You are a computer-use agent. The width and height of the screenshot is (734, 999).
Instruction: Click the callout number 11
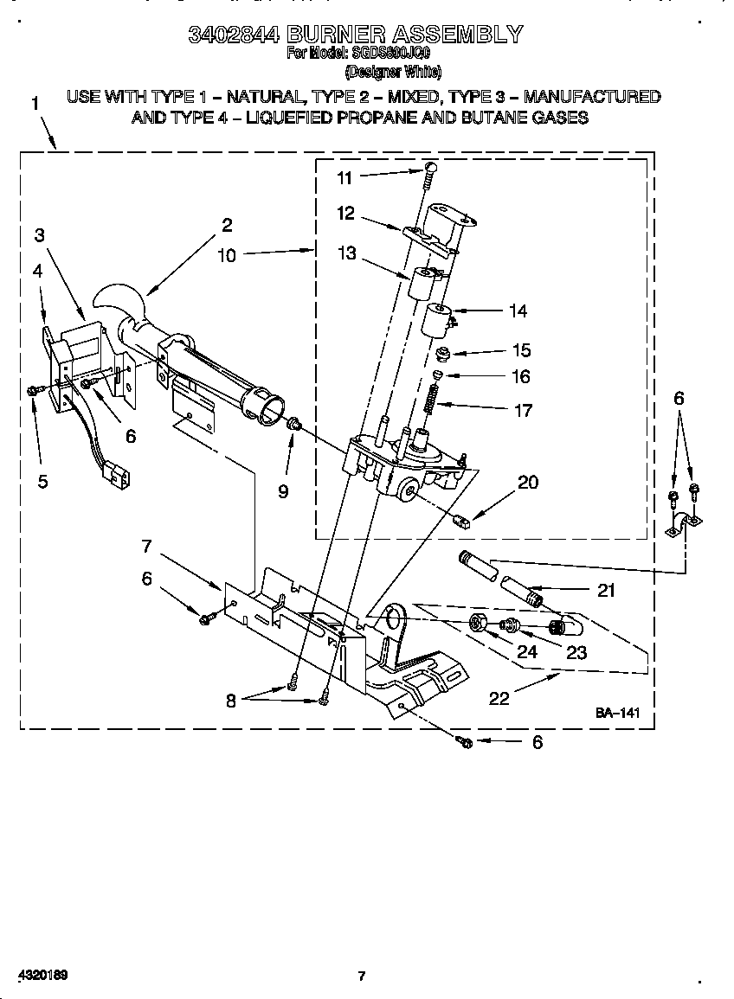[344, 177]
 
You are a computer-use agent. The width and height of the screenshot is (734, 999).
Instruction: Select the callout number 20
[527, 483]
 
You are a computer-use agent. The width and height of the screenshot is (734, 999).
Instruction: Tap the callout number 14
[518, 311]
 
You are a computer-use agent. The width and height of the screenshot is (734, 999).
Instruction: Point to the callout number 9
[283, 491]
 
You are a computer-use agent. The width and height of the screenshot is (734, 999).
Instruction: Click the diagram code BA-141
[617, 713]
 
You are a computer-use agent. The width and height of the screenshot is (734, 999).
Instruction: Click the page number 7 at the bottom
[362, 977]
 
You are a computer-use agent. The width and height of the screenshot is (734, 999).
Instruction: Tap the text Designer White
[393, 73]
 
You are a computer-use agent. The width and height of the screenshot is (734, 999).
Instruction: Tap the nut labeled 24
[476, 623]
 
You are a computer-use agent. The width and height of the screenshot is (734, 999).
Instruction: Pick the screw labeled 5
[33, 391]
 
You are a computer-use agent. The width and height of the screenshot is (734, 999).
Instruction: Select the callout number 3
[40, 234]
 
